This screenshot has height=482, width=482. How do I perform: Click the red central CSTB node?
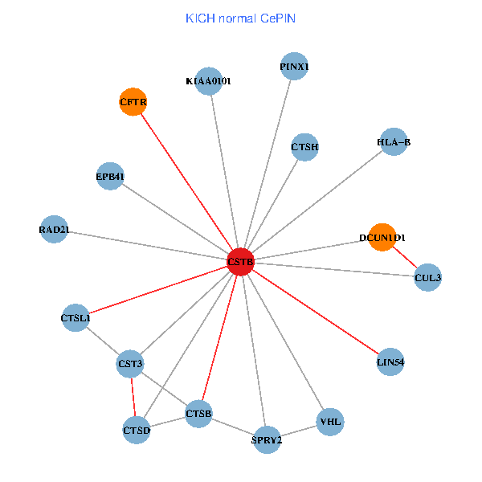(x=240, y=262)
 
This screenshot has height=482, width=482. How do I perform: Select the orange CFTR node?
(x=133, y=102)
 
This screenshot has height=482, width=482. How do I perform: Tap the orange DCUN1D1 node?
(x=382, y=238)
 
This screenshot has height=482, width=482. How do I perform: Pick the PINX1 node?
(x=294, y=66)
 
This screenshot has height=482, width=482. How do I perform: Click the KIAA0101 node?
(x=208, y=80)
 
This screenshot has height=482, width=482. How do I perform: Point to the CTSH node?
(x=304, y=147)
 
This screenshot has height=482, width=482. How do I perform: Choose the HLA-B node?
(x=393, y=142)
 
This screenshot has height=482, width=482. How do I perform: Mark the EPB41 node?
(x=110, y=176)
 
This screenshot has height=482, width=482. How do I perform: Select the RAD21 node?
(x=54, y=230)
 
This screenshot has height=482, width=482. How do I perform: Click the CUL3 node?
(x=427, y=278)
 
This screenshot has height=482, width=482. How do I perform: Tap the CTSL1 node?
(x=76, y=318)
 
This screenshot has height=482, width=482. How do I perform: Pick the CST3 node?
(x=130, y=364)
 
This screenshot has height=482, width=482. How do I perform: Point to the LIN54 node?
(x=390, y=362)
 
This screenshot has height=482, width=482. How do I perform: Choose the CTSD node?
(x=137, y=430)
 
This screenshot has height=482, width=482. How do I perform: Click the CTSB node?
(x=198, y=414)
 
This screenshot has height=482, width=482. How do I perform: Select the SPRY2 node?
(x=267, y=439)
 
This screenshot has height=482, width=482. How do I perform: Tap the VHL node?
(x=330, y=421)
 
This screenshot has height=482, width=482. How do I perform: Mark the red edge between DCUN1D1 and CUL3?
(x=405, y=258)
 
